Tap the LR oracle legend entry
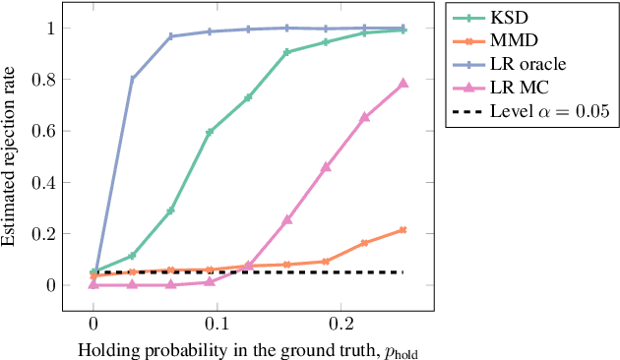(529, 64)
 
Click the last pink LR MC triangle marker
(403, 84)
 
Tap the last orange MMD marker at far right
(403, 230)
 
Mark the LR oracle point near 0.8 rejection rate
(132, 79)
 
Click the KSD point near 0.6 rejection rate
(210, 132)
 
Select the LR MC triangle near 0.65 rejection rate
(365, 117)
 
